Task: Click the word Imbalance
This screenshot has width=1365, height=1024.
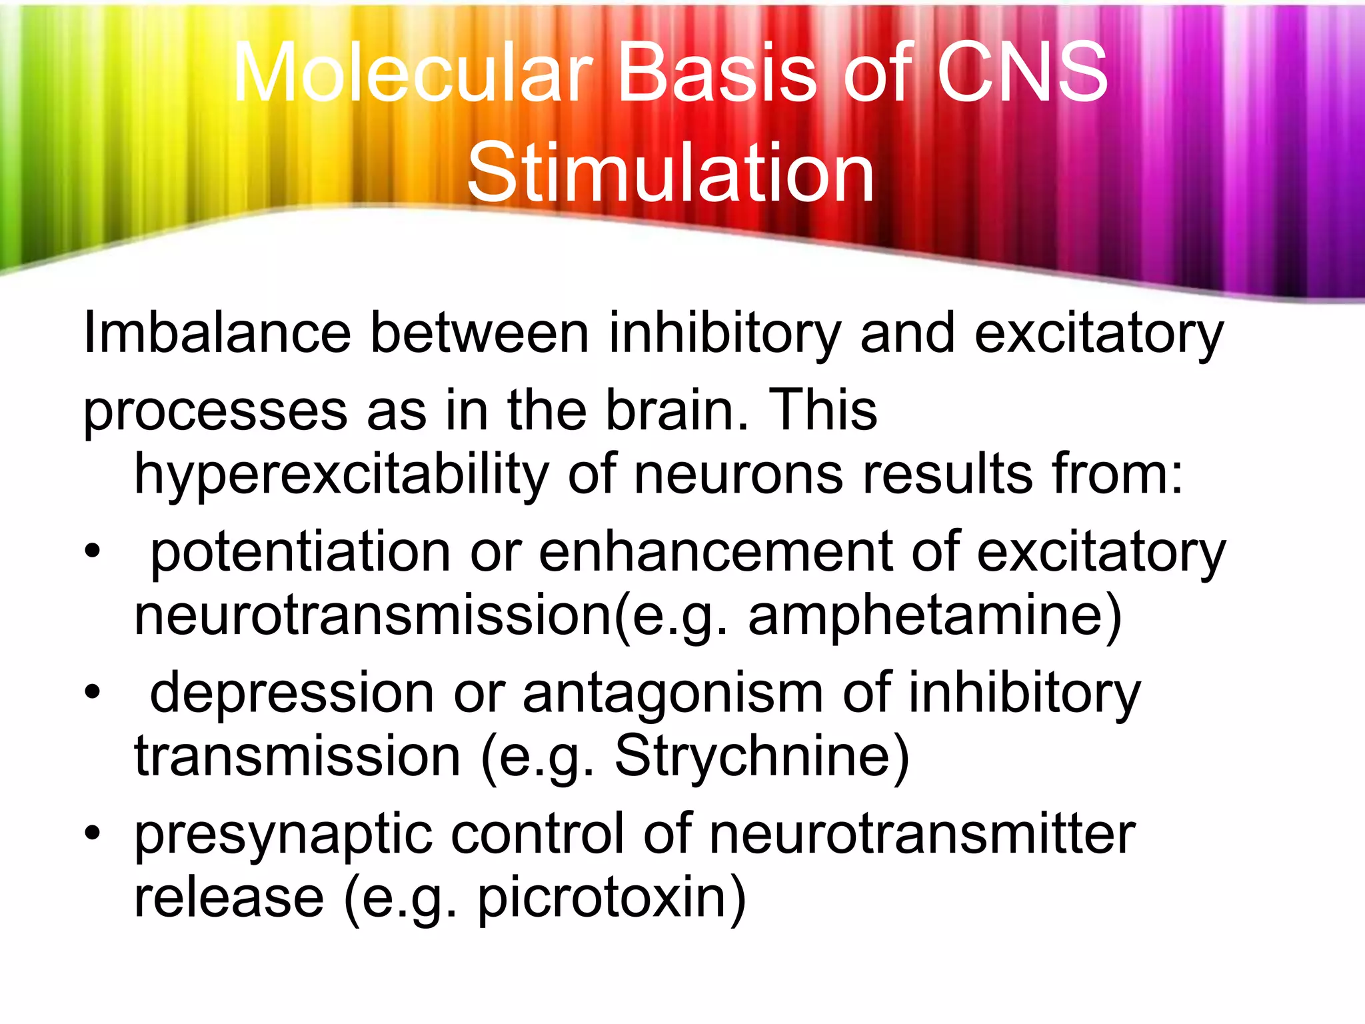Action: pos(217,333)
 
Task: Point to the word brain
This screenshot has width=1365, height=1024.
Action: pos(677,409)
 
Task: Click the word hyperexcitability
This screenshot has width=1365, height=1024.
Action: pos(341,475)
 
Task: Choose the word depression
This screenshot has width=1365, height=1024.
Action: pos(292,693)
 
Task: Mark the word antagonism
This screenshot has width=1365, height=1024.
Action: pos(673,693)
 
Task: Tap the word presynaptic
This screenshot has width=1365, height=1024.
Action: pos(283,835)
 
